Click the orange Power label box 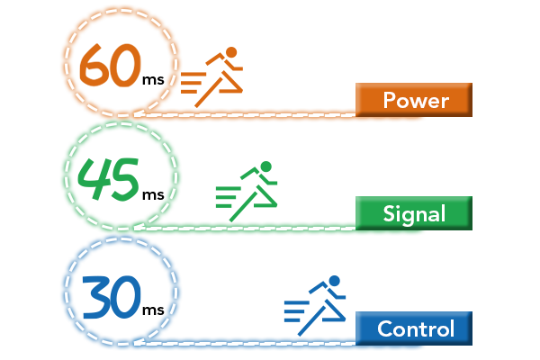click(414, 100)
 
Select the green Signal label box click(414, 213)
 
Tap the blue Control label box click(414, 328)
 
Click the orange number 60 click(110, 65)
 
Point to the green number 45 click(108, 179)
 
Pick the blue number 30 click(112, 297)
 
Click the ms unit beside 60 click(153, 80)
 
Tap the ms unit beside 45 click(153, 195)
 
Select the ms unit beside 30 click(153, 310)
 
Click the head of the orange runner click(231, 53)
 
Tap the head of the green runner click(265, 166)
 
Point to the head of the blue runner click(334, 281)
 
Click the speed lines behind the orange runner click(193, 83)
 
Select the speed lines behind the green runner click(228, 197)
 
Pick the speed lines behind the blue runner click(296, 311)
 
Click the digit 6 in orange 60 click(94, 65)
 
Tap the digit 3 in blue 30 click(96, 297)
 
